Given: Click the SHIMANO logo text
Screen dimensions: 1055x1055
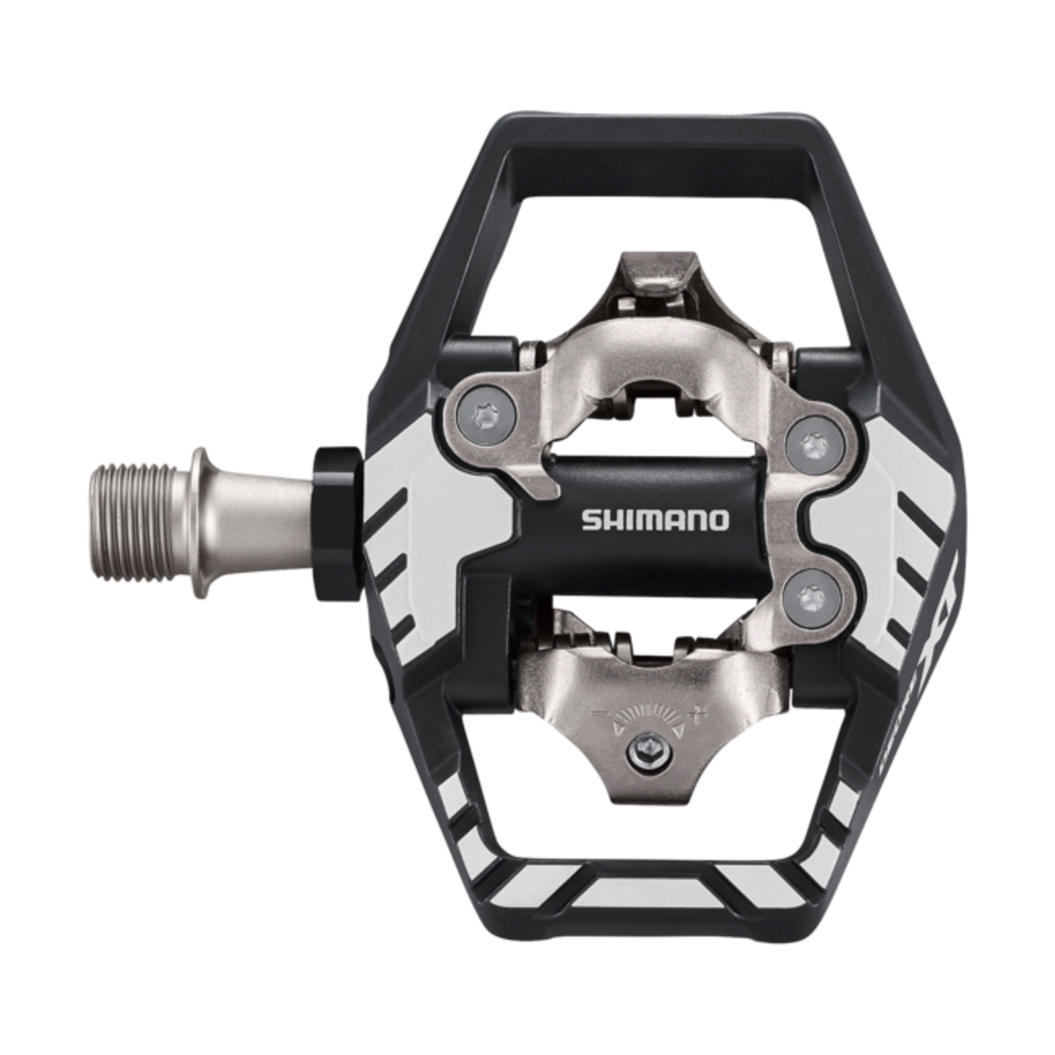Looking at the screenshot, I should point(655,520).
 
